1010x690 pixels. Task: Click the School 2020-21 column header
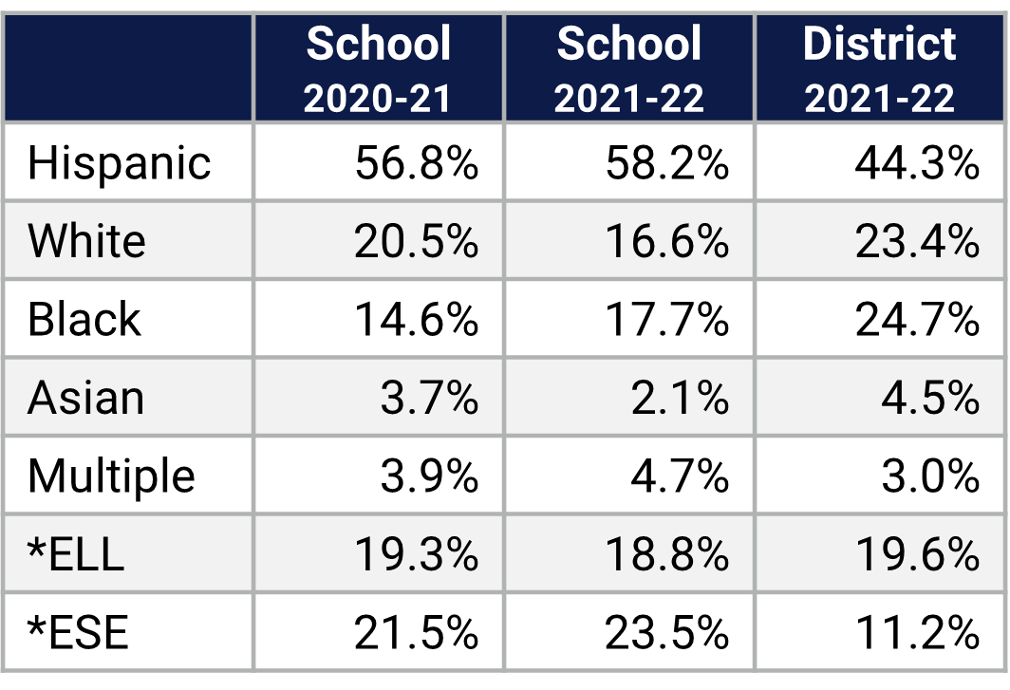[378, 69]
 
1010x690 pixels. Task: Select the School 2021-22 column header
[629, 69]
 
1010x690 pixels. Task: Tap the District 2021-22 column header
[880, 69]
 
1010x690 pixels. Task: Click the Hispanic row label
[119, 162]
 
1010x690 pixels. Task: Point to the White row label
[86, 241]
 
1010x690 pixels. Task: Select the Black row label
[84, 320]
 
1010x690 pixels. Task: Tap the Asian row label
[85, 398]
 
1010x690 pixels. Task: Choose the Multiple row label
[111, 476]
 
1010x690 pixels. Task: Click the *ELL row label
[76, 554]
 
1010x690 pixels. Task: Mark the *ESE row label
[78, 632]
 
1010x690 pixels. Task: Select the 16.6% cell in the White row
[666, 242]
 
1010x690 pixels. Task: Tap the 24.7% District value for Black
[916, 321]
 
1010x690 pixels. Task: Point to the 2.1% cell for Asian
[680, 399]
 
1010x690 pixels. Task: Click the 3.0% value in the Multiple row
[929, 476]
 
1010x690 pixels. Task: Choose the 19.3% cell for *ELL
[416, 554]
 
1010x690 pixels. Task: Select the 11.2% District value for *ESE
[916, 632]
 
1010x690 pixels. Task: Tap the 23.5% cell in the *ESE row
[666, 632]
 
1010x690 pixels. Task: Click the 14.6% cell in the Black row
[416, 321]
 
